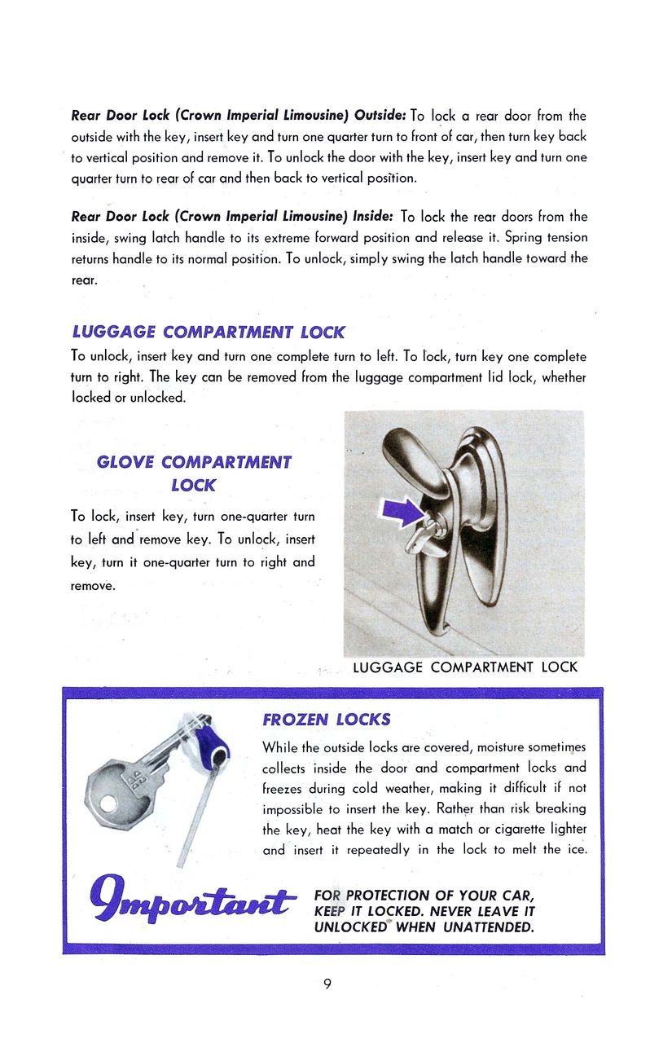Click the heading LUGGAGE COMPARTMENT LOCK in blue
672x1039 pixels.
click(208, 332)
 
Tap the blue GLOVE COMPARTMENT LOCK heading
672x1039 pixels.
click(194, 473)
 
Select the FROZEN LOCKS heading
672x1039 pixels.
click(327, 720)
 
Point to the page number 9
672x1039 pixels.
click(327, 984)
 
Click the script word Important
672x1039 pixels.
click(191, 901)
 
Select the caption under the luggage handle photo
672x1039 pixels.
click(465, 667)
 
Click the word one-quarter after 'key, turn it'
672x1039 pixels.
click(178, 562)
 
